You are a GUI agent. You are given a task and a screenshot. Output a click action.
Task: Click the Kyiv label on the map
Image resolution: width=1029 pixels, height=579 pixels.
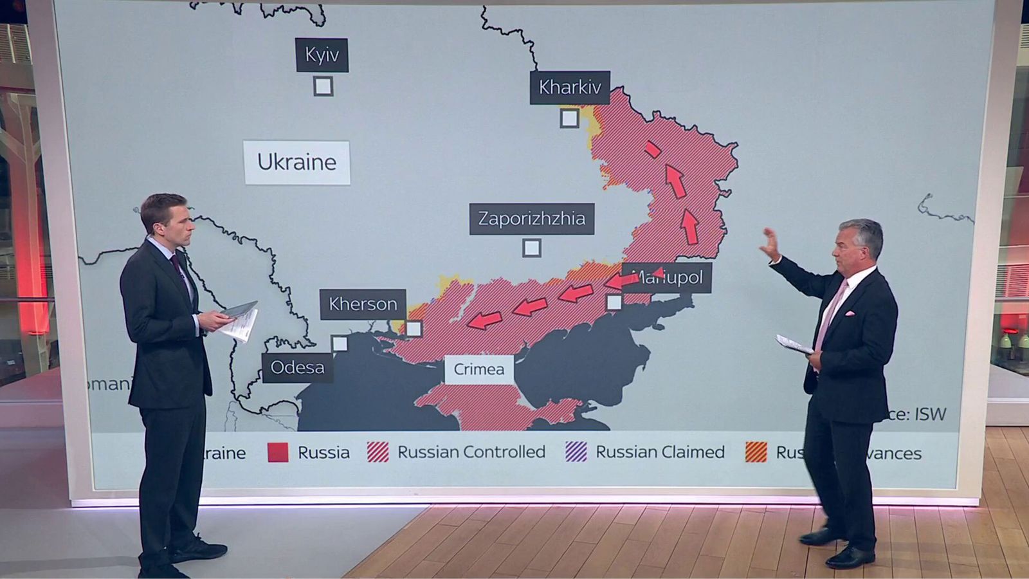[322, 55]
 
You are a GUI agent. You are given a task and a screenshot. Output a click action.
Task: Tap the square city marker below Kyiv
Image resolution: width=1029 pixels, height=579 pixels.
[323, 86]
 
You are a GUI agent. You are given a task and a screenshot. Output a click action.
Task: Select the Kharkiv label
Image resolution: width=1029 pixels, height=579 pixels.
[570, 87]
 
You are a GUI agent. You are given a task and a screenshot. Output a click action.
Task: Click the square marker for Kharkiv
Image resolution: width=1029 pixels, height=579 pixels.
[569, 118]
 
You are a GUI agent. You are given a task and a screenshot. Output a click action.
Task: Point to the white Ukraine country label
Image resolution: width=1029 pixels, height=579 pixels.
[296, 162]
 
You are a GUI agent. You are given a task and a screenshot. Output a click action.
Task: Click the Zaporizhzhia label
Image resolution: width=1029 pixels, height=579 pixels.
[531, 219]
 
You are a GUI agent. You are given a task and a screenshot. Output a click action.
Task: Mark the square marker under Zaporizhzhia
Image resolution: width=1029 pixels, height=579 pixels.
[531, 248]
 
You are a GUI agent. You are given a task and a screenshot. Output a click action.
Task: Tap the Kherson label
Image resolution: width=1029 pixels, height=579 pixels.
[363, 304]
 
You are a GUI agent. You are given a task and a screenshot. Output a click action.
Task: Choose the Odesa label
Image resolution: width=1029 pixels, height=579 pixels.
[297, 367]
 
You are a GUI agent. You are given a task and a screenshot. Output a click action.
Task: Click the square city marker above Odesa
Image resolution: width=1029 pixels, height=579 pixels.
[340, 344]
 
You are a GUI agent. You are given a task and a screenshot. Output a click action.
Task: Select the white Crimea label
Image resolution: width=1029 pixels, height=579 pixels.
[478, 369]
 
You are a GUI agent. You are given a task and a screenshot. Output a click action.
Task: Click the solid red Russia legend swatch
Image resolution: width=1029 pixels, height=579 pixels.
[278, 452]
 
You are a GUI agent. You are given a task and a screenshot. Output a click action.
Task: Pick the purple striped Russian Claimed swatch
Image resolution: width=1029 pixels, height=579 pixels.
[576, 452]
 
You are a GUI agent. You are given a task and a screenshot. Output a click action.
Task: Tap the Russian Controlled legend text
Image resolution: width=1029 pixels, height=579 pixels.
[471, 452]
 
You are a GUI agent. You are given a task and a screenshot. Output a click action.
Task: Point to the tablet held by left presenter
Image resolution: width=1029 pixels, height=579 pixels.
[240, 309]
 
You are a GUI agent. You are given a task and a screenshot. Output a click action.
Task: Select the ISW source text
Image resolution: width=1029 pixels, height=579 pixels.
[930, 414]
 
